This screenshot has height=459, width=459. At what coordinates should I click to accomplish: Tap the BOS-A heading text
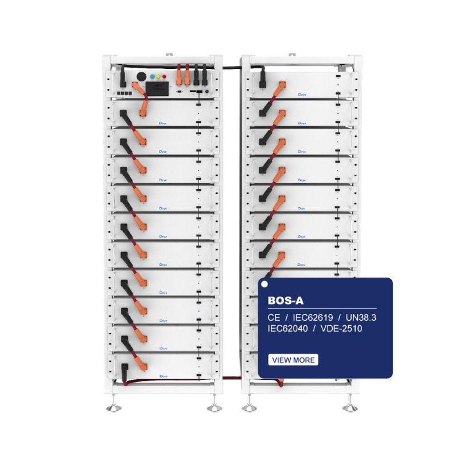(285, 299)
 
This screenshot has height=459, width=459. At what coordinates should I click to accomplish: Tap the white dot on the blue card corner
(264, 283)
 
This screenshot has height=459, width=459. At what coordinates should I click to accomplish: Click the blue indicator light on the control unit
(151, 76)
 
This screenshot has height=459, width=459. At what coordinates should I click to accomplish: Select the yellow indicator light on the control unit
(158, 76)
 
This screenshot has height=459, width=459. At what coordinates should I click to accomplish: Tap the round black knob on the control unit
(141, 76)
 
